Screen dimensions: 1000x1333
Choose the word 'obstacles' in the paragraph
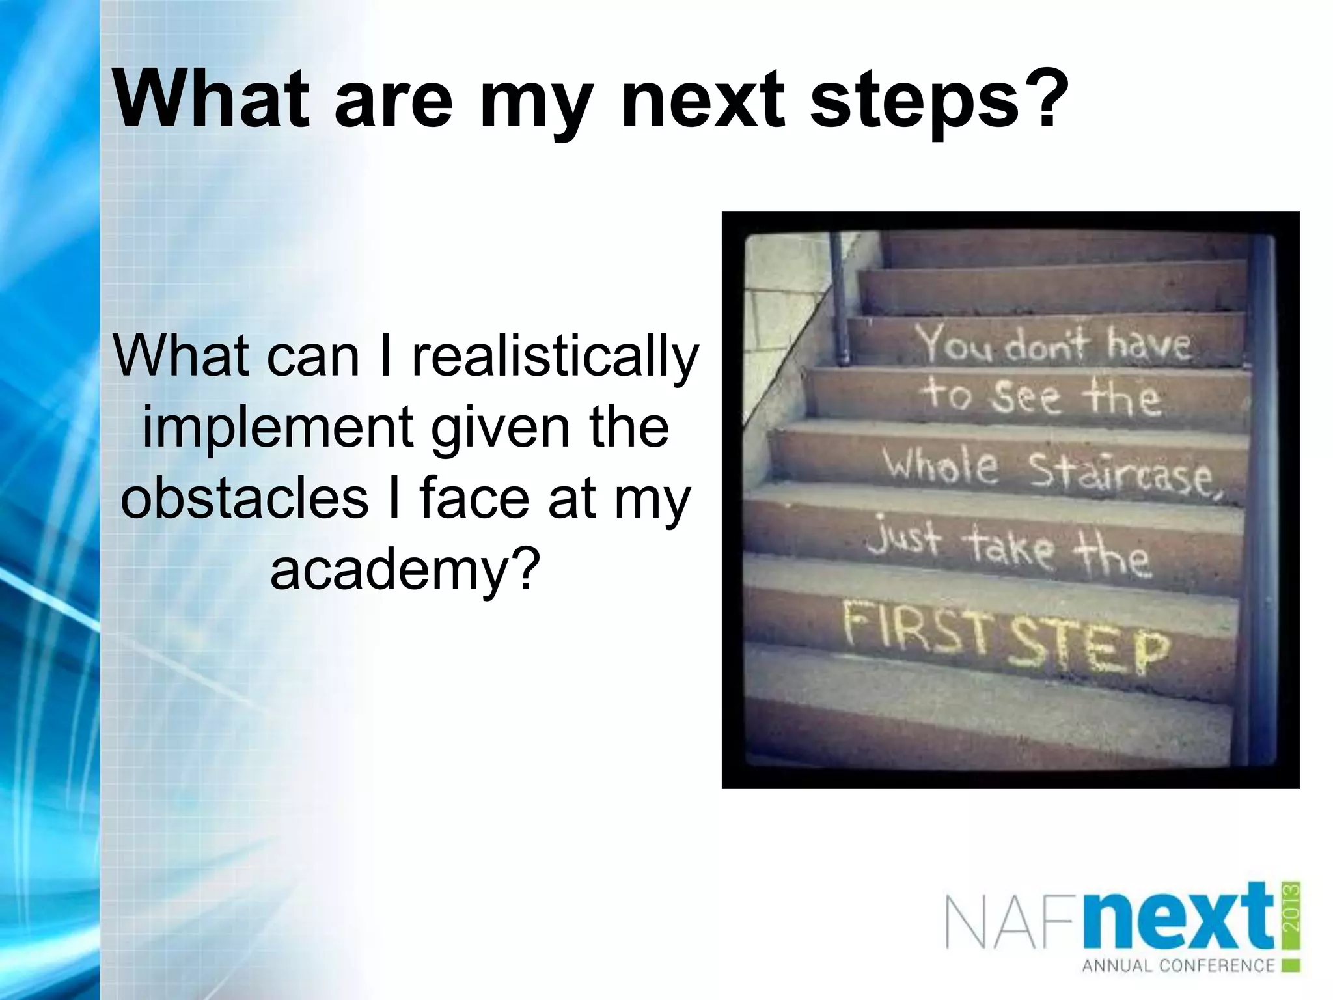pos(244,498)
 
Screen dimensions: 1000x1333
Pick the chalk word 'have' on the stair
pos(1149,345)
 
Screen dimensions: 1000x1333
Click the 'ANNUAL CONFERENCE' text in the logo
pos(1178,965)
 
